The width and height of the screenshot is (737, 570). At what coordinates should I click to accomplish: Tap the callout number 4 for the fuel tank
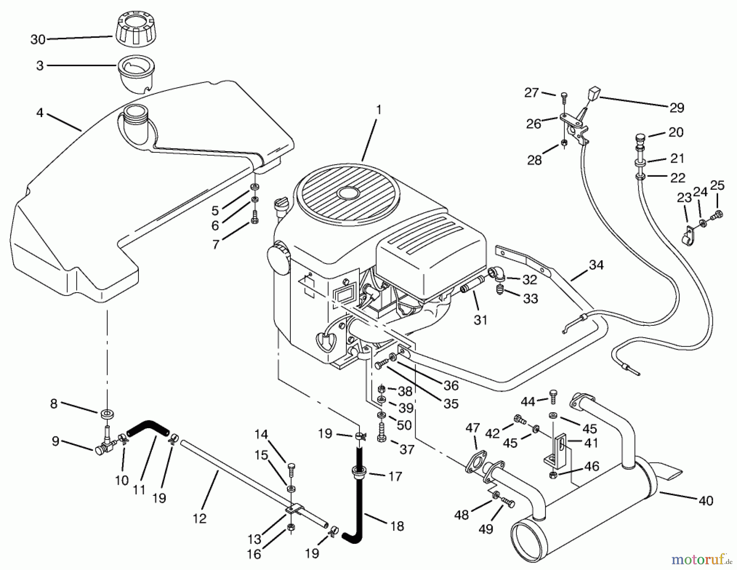point(40,112)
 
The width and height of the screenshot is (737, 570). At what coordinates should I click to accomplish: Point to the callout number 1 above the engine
point(379,110)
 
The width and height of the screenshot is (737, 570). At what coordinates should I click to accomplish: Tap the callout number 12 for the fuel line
point(199,518)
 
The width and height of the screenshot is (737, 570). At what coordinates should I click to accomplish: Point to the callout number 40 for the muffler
point(706,501)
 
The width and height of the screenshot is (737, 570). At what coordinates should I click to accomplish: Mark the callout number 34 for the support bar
point(596,265)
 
